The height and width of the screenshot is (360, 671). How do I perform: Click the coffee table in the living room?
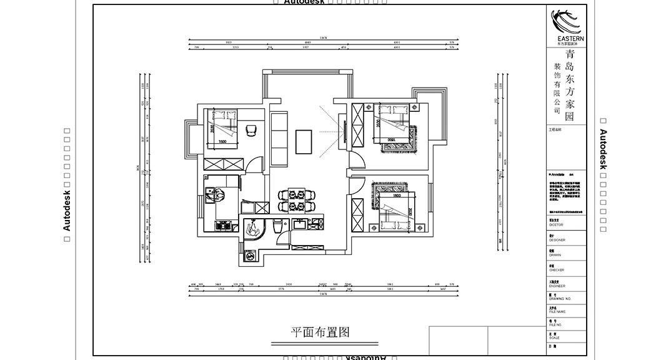(304, 141)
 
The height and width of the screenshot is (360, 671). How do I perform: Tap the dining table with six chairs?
(297, 200)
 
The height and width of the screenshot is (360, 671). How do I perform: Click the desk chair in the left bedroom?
(252, 129)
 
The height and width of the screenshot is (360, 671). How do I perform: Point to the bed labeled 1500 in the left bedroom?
(222, 128)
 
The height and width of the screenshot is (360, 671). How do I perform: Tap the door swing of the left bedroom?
(254, 165)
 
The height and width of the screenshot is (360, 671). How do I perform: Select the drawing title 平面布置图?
(320, 332)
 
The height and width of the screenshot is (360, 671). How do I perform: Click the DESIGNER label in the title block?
(557, 240)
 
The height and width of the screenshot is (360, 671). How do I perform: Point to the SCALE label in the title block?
(554, 337)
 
